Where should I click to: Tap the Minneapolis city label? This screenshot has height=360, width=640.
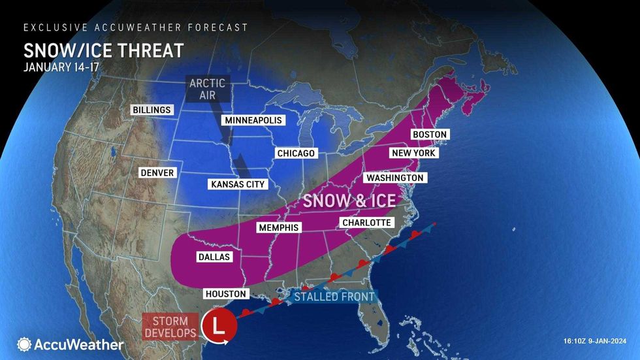point(253,121)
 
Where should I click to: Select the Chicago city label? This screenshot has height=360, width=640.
point(295,153)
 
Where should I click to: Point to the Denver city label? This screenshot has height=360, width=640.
point(157,172)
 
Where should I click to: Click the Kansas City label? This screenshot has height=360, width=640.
point(238,184)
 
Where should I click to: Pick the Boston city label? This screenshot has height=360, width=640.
point(430,135)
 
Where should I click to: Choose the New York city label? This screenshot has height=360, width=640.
point(413,153)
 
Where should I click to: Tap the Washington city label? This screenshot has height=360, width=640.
point(394,178)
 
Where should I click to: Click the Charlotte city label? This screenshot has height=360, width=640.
point(366,223)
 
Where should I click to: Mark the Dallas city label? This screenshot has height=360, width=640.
point(214,257)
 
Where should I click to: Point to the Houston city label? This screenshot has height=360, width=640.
point(225,294)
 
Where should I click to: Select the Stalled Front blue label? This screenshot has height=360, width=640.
point(333,297)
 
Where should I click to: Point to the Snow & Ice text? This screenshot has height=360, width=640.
point(349,200)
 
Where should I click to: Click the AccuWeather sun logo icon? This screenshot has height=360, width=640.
point(24,344)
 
